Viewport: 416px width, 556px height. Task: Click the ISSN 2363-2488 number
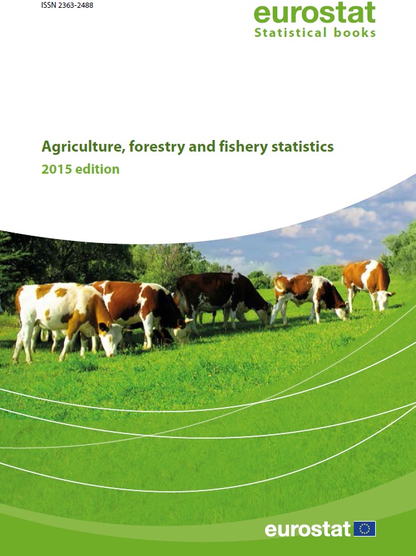pos(67,5)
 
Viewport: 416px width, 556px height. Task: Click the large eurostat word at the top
pos(314,13)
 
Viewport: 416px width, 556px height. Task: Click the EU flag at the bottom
pos(365,529)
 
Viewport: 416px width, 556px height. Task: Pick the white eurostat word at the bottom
pos(308,529)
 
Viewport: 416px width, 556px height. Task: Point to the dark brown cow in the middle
pos(223,299)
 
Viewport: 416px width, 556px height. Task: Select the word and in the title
pos(202,146)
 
